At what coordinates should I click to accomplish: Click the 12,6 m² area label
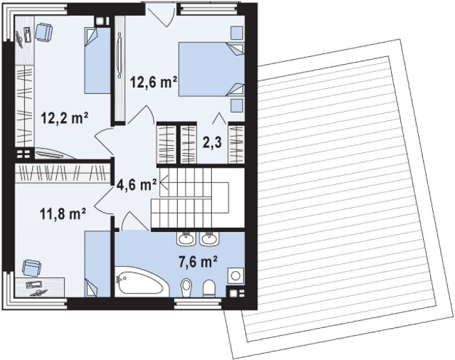point(154,82)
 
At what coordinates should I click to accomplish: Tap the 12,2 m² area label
point(65,118)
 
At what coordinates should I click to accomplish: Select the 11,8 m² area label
point(63,214)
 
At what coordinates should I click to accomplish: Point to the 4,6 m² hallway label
point(136,185)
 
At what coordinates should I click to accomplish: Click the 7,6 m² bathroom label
point(198,262)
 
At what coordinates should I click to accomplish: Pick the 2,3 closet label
point(212,143)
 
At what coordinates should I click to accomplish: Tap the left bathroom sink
point(185,238)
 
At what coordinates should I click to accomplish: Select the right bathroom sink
point(210,238)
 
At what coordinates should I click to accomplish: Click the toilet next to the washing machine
point(208,288)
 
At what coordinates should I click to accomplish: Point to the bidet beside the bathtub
point(186,288)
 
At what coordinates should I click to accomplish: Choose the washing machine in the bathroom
point(235,275)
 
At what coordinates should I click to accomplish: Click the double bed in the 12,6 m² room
point(210,69)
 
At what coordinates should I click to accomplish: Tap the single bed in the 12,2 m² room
point(97,60)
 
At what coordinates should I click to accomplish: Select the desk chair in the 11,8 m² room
point(32,268)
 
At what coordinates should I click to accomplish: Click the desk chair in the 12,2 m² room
point(44,31)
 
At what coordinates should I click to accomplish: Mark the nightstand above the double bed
point(237,33)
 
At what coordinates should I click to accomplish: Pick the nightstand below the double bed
point(237,106)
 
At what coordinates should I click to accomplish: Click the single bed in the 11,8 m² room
point(97,263)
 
